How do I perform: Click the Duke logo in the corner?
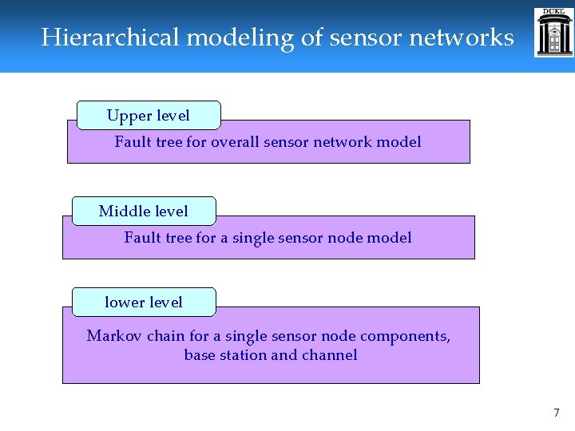point(553,33)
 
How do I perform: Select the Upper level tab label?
point(149,116)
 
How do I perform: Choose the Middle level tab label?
point(144,212)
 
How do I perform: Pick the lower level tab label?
point(144,302)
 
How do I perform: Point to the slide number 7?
point(557,413)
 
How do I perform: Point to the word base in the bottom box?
point(200,355)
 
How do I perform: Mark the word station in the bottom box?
point(243,355)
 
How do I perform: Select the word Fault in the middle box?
point(142,238)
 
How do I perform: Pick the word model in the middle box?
point(391,238)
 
